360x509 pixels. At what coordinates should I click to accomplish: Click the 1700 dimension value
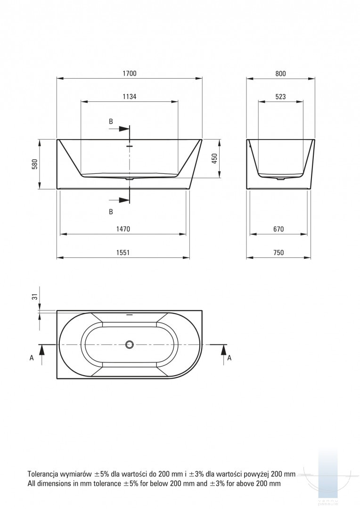pos(130,74)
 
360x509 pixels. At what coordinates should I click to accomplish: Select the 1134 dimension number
pos(130,97)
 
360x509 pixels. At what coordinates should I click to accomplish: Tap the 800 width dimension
pos(280,74)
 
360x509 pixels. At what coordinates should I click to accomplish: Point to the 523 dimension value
pos(280,97)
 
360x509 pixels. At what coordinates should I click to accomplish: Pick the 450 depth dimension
pos(214,158)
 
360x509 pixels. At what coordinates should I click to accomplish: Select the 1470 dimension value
pos(123,229)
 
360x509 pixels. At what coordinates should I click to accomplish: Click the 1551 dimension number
pos(123,253)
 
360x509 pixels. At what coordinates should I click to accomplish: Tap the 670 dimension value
pos(278,229)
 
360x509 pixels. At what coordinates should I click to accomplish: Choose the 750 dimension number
pos(278,253)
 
